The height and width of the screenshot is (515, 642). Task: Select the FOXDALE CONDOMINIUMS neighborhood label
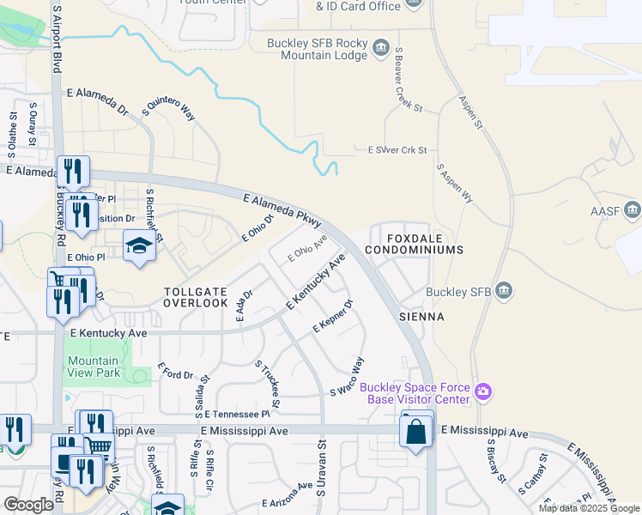pyautogui.click(x=414, y=242)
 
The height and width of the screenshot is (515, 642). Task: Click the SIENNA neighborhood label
pyautogui.click(x=421, y=317)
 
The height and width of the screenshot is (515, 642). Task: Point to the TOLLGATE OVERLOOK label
pyautogui.click(x=196, y=296)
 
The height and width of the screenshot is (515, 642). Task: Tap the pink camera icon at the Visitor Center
pyautogui.click(x=484, y=392)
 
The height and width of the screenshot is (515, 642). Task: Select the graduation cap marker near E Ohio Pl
pyautogui.click(x=138, y=247)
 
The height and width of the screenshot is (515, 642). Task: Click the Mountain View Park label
pyautogui.click(x=94, y=367)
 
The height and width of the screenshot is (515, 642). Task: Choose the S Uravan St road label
pyautogui.click(x=322, y=470)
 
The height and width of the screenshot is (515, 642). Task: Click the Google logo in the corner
pyautogui.click(x=28, y=504)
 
